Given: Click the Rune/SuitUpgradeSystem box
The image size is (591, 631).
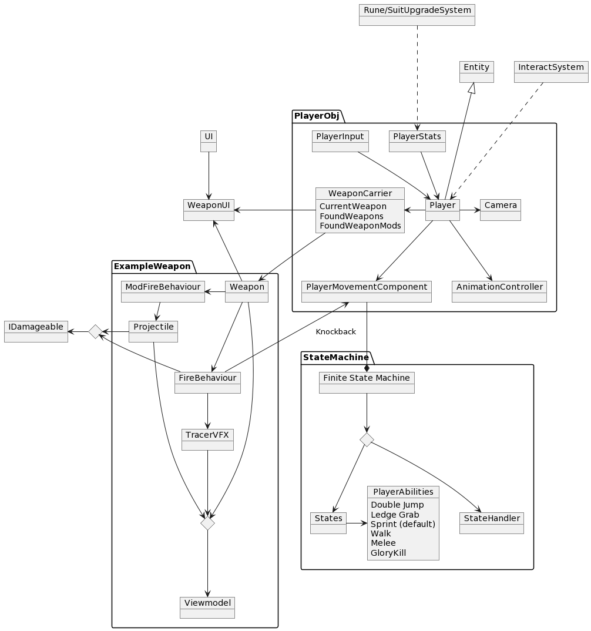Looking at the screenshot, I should point(417,15).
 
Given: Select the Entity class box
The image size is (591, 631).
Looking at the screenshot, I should point(476,72).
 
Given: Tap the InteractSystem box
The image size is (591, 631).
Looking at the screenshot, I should point(550,72).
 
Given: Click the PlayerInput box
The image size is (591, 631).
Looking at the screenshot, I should point(340,141).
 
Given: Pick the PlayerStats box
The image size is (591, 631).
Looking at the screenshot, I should point(417,141).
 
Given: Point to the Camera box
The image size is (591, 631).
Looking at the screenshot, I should point(501,210).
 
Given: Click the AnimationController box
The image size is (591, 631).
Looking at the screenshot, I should point(499,291).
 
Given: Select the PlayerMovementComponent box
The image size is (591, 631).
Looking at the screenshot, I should point(366,291).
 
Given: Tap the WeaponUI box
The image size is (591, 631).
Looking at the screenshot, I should point(209,210).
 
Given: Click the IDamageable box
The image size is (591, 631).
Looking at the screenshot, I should point(36,331).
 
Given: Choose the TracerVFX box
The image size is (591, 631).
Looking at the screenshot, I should point(207,439).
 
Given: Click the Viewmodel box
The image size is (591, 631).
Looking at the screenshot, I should point(207,607).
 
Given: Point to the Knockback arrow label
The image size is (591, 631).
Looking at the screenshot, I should point(335,332).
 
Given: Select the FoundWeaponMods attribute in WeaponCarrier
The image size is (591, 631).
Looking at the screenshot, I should point(360,226).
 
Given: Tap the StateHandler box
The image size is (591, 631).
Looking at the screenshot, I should point(491,523).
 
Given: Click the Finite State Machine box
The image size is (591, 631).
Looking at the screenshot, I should point(367,382).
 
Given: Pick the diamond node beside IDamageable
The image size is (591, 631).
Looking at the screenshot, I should point(95,332).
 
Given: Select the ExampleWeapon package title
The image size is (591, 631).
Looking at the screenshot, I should point(152,266).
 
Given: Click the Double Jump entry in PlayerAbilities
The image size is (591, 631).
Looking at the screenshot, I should point(397,505).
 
